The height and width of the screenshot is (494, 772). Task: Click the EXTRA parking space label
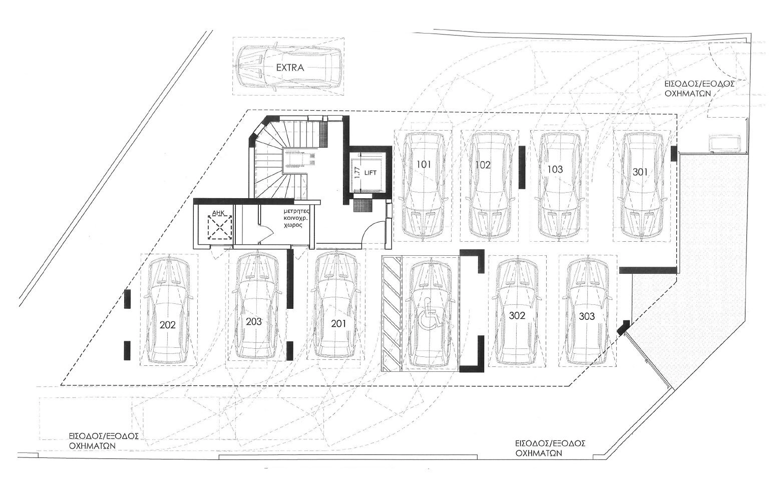click(290, 68)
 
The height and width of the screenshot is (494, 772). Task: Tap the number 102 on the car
click(483, 165)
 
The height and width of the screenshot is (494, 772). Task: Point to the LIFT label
click(371, 173)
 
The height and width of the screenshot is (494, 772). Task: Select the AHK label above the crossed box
click(218, 214)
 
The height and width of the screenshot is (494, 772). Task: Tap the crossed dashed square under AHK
click(220, 227)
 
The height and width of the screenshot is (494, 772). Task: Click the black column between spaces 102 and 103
click(522, 167)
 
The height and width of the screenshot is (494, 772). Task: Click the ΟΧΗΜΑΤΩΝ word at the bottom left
click(92, 445)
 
